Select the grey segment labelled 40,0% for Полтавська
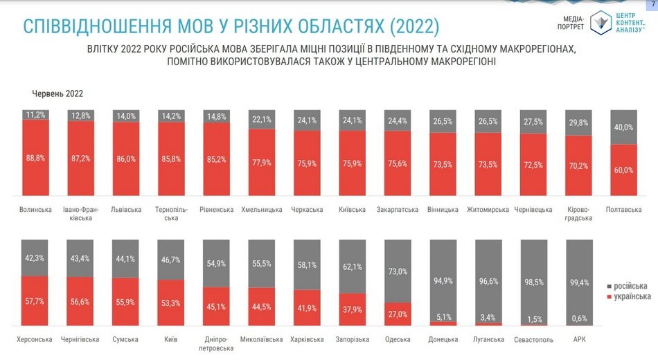click(624, 127)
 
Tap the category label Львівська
click(126, 210)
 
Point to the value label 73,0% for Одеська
click(397, 271)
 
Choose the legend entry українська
click(629, 296)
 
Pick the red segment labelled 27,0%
click(397, 314)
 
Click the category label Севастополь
click(533, 340)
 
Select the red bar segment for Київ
click(171, 303)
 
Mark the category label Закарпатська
click(397, 210)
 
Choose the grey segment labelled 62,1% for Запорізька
click(352, 266)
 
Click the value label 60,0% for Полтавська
click(624, 170)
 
